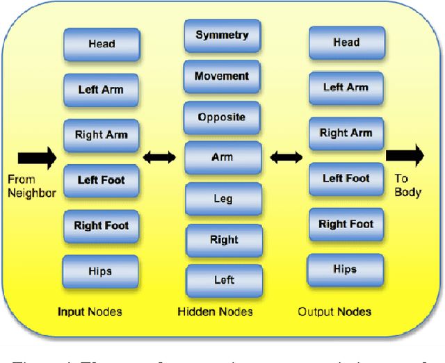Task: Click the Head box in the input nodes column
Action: [102, 45]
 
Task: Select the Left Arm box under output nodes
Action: [346, 88]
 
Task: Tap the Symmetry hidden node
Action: [222, 35]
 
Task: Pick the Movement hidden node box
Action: [222, 76]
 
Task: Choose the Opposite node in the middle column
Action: [222, 117]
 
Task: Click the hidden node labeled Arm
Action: [222, 158]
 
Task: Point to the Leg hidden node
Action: [222, 199]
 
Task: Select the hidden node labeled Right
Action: [224, 240]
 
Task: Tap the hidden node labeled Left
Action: [224, 280]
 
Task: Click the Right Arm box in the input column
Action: [102, 135]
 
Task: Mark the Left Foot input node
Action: [102, 180]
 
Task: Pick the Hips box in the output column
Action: [345, 269]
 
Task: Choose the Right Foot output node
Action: [346, 224]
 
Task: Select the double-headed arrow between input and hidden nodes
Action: [159, 158]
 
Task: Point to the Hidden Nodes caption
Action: [220, 312]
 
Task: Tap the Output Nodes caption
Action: [334, 312]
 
